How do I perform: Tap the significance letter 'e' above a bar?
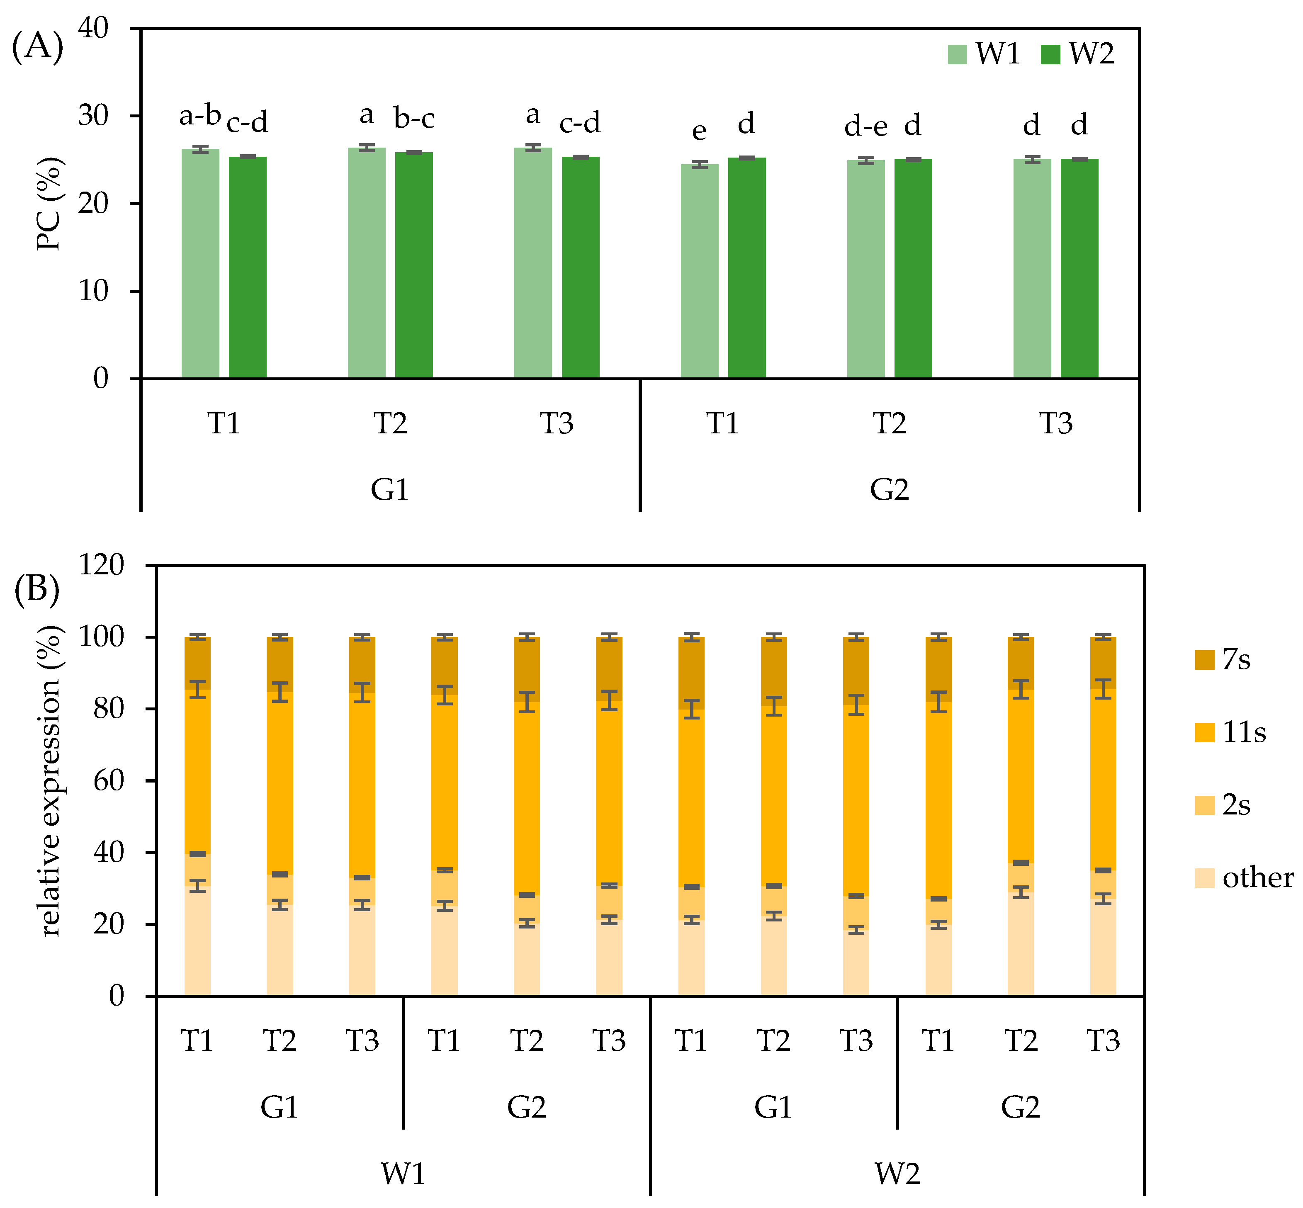pyautogui.click(x=699, y=131)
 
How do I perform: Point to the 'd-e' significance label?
pyautogui.click(x=865, y=126)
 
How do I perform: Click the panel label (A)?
pyautogui.click(x=37, y=47)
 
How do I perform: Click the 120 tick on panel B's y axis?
pyautogui.click(x=101, y=565)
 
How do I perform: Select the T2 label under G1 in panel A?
pyautogui.click(x=390, y=423)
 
